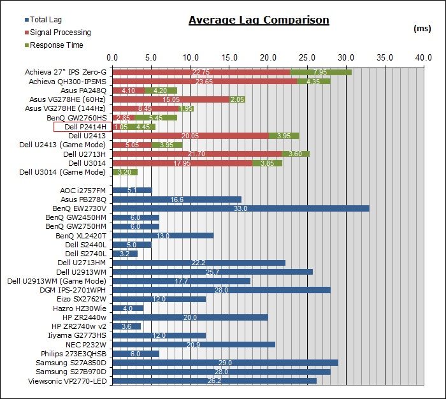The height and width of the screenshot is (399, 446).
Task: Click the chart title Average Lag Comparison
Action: (259, 20)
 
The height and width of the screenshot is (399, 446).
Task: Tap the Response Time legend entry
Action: (49, 45)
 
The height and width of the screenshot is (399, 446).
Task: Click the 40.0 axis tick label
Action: (423, 58)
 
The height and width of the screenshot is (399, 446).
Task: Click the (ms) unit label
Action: (422, 29)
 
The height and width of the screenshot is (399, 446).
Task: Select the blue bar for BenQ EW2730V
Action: (240, 208)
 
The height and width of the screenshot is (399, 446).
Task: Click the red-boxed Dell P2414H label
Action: (82, 127)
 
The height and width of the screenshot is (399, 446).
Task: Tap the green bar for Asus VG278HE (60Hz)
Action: (237, 99)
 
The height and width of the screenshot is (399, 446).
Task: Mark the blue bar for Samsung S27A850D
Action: (225, 363)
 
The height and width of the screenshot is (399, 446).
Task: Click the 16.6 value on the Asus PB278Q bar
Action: (177, 199)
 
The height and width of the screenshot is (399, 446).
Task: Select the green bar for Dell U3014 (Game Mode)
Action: (125, 172)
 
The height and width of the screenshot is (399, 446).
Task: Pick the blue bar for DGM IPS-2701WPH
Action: (221, 290)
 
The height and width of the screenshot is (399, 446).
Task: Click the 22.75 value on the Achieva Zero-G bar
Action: (201, 73)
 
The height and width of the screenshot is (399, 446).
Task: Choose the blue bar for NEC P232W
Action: (194, 345)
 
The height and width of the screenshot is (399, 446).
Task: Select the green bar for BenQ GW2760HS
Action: (156, 118)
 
